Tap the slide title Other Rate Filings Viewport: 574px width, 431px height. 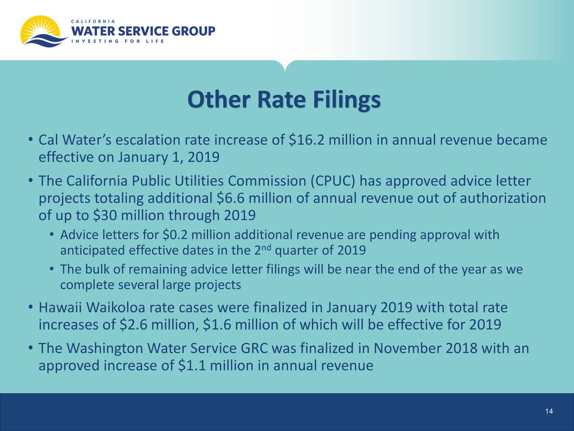point(284,100)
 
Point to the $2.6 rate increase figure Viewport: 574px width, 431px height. point(134,325)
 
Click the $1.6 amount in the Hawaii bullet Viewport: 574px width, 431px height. point(217,325)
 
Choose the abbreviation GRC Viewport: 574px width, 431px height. point(254,348)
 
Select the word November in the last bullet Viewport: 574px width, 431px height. point(408,348)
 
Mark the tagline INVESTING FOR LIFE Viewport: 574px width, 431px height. point(117,42)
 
